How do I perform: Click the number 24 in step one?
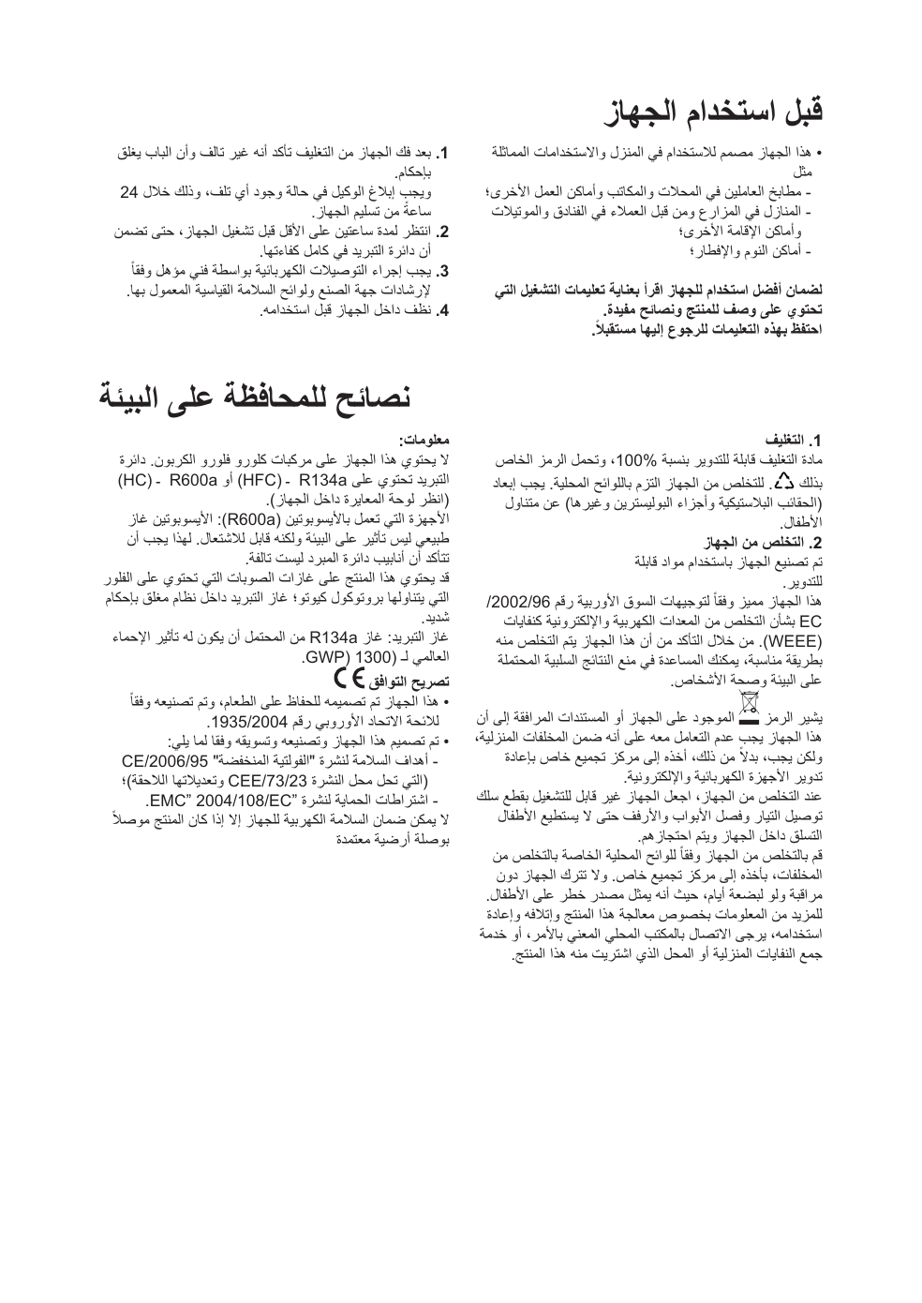[130, 192]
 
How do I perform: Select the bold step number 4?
[447, 308]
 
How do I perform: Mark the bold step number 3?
[447, 272]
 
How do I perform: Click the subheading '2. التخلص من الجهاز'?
[767, 543]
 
